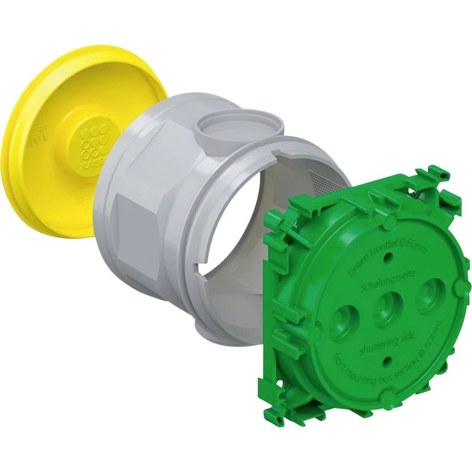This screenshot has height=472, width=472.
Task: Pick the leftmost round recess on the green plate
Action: [x=343, y=323]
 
